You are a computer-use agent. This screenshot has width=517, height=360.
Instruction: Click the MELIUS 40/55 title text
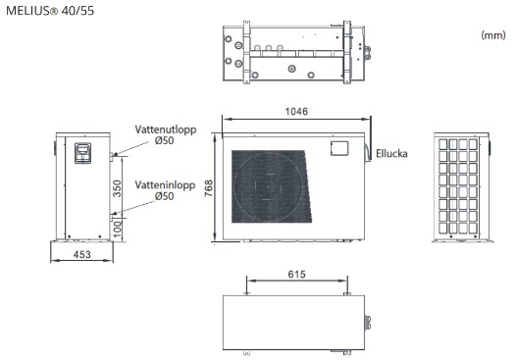click(x=50, y=11)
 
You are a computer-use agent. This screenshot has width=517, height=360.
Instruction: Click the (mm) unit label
click(x=493, y=35)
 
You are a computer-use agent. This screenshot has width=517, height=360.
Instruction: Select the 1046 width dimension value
click(x=296, y=112)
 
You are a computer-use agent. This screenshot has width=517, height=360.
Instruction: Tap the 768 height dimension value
click(x=209, y=188)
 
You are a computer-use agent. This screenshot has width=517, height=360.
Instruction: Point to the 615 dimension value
click(x=296, y=275)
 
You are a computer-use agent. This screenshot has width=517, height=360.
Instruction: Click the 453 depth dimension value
click(x=81, y=254)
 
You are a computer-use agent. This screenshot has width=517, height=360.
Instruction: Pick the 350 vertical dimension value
click(x=117, y=188)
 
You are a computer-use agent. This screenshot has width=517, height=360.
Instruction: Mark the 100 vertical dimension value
click(x=117, y=229)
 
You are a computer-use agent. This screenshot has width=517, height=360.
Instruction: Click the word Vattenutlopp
click(x=166, y=129)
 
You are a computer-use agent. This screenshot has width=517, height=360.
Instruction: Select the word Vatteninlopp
click(x=165, y=185)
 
